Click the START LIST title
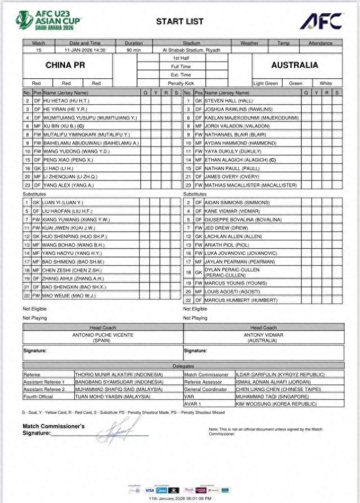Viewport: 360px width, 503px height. click(x=179, y=21)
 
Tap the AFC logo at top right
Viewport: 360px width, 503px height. click(x=321, y=21)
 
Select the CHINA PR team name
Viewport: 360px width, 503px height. click(x=65, y=65)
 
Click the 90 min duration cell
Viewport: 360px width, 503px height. click(x=133, y=50)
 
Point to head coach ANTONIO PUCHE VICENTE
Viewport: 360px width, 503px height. click(x=103, y=334)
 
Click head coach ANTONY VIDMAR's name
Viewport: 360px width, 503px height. click(x=263, y=334)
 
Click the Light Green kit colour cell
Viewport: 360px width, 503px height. click(x=265, y=83)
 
